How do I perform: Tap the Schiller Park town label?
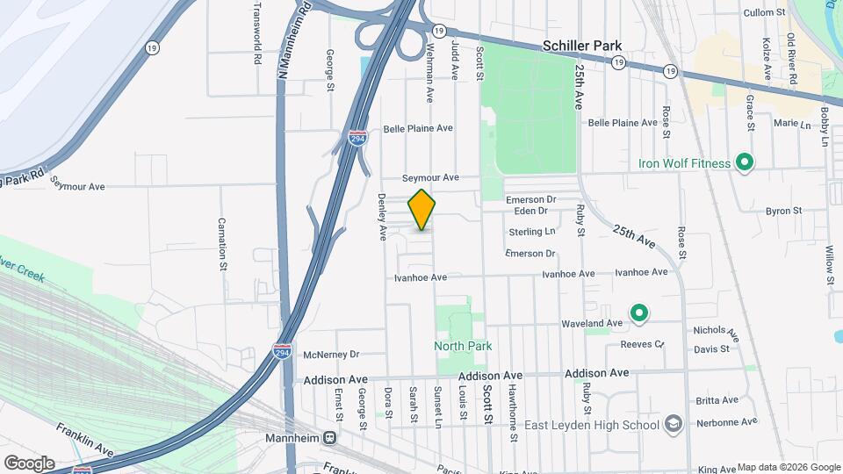[x=582, y=47]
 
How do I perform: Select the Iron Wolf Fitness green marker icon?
[x=745, y=162]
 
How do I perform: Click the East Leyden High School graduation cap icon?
[x=674, y=425]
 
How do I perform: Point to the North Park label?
[x=463, y=346]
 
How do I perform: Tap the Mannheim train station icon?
[x=329, y=437]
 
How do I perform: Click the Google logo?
[x=29, y=463]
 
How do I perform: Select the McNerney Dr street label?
[x=331, y=355]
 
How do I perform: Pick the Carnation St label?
[x=222, y=242]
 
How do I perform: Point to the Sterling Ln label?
[x=532, y=232]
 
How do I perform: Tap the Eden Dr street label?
[x=531, y=211]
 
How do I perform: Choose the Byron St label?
[x=783, y=211]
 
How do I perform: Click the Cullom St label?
[x=764, y=12]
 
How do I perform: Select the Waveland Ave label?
[x=592, y=323]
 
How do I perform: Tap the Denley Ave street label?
[x=382, y=217]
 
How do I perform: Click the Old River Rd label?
[x=791, y=59]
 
